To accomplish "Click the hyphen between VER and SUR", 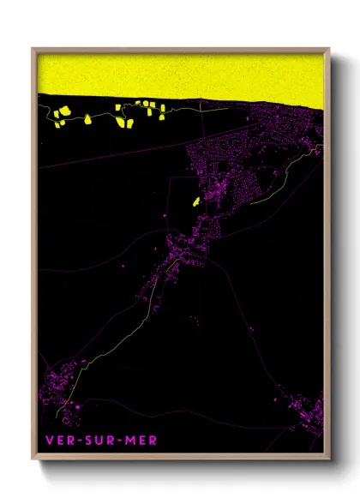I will pyautogui.click(x=77, y=441).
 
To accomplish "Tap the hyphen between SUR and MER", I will pyautogui.click(x=115, y=441).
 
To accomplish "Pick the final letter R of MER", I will pyautogui.click(x=153, y=441).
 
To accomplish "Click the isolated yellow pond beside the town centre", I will pyautogui.click(x=196, y=202).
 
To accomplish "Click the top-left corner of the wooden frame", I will pyautogui.click(x=33, y=48).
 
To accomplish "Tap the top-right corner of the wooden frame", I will pyautogui.click(x=329, y=48).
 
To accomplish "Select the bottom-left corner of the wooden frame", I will pyautogui.click(x=33, y=459).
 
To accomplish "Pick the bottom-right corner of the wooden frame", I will pyautogui.click(x=329, y=459).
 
